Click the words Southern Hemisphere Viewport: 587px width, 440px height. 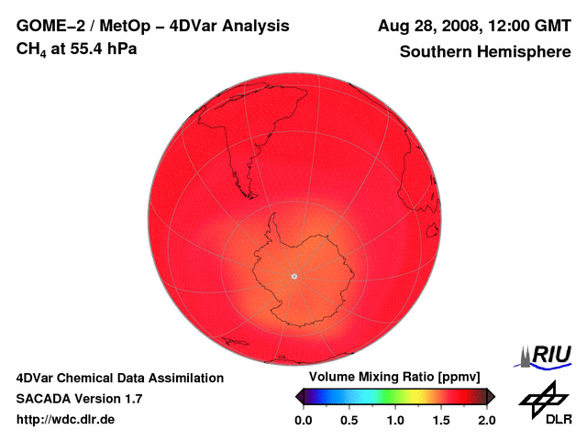pos(485,52)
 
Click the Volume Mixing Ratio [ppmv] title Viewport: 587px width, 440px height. pos(394,378)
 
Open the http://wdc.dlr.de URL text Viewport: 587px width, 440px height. pos(66,420)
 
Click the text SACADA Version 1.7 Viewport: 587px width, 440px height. pos(79,399)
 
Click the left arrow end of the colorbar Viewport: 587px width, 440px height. pos(299,396)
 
